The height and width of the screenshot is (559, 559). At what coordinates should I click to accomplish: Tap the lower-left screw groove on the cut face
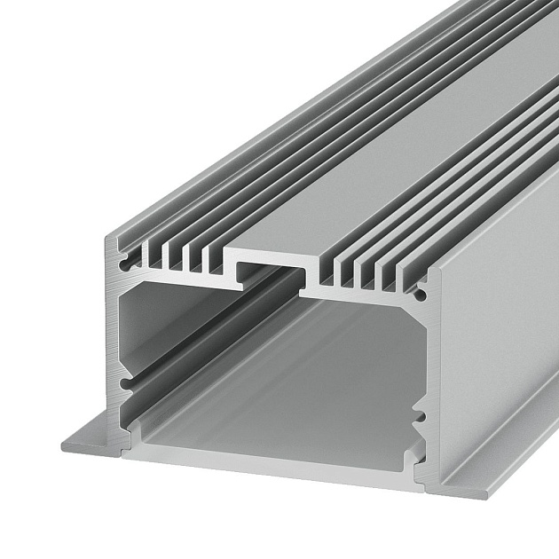point(128,383)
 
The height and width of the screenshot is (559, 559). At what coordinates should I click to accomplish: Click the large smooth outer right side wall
point(497,337)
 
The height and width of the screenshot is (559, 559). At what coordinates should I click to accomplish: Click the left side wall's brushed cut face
point(113,337)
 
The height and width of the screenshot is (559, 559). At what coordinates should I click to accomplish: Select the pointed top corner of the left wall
point(109,239)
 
